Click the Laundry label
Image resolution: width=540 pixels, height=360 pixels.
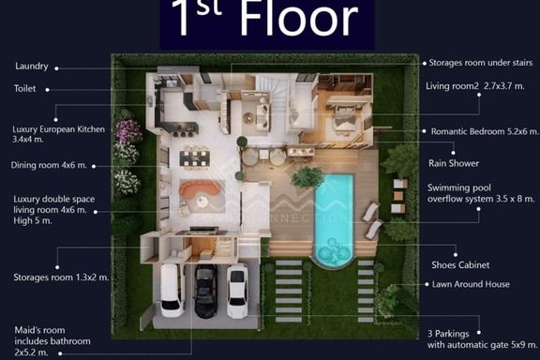[x=32, y=67]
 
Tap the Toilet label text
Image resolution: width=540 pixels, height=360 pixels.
[x=24, y=88]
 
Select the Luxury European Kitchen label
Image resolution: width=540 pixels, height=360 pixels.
[x=58, y=134]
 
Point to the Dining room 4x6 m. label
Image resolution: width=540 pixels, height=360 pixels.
[x=49, y=165]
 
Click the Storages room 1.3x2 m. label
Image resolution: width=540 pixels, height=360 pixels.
[x=61, y=277]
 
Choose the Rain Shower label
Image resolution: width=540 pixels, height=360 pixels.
[x=454, y=163]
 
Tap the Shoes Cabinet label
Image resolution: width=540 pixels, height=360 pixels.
[x=460, y=265]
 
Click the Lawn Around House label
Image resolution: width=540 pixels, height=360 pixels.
[x=471, y=284]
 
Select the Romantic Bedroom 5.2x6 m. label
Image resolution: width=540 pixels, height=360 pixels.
[x=484, y=131]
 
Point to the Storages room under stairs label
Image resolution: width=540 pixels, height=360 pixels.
[x=481, y=63]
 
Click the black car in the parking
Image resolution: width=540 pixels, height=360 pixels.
[x=206, y=291]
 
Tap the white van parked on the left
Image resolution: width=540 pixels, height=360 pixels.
[x=172, y=290]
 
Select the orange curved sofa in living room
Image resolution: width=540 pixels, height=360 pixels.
[x=200, y=189]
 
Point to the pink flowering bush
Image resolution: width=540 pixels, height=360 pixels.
[x=127, y=131]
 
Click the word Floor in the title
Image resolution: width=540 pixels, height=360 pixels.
[x=299, y=18]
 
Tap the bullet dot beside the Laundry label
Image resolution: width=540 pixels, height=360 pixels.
[x=56, y=68]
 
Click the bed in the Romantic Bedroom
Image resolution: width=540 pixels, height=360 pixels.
[x=344, y=125]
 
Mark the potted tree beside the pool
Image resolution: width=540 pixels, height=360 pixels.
[x=307, y=177]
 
